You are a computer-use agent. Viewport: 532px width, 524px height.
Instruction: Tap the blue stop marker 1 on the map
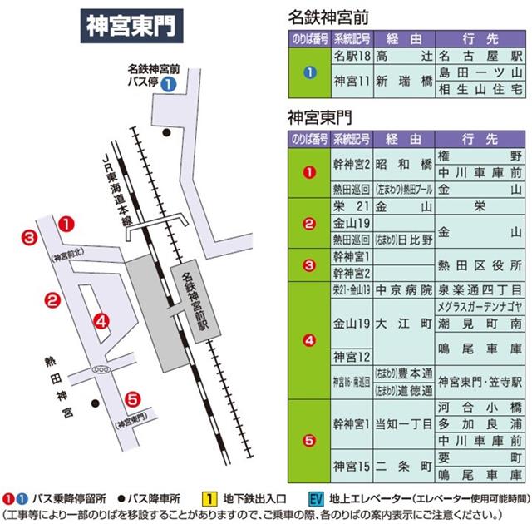168,83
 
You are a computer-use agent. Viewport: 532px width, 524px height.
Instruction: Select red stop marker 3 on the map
29,239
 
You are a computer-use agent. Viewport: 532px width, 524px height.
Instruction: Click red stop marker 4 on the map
101,320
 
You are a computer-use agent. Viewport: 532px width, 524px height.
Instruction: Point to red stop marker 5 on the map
131,398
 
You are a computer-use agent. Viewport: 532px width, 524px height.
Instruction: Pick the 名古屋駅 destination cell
481,56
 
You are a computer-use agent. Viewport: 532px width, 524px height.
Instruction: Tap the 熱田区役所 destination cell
481,265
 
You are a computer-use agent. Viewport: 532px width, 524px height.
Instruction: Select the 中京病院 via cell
404,291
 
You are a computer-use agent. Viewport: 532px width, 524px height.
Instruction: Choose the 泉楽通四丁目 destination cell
481,291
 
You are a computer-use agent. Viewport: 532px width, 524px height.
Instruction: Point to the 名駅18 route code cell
351,56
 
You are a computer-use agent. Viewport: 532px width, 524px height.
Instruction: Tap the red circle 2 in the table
309,223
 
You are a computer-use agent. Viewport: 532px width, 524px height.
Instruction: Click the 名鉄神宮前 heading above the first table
328,16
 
